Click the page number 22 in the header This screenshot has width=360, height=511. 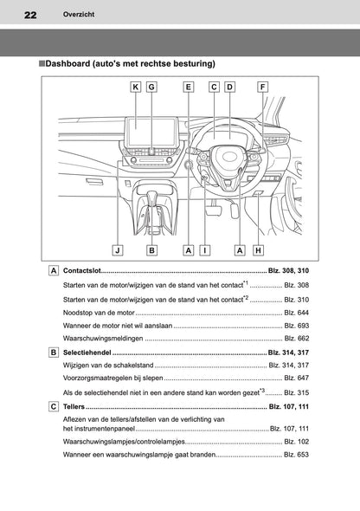(x=30, y=16)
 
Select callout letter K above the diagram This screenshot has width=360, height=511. (x=136, y=87)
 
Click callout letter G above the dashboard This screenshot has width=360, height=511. (x=151, y=87)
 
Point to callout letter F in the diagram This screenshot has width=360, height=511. (x=262, y=87)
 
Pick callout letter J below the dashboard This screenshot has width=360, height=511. (x=116, y=249)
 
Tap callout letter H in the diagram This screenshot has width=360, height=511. (x=258, y=249)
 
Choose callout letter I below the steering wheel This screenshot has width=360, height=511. (x=204, y=249)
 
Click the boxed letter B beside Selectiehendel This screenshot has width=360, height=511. (x=55, y=353)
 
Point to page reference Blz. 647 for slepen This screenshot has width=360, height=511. (x=296, y=378)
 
